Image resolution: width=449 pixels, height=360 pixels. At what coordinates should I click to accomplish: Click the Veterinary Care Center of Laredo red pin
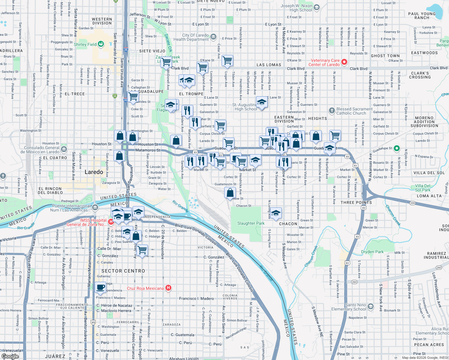click(x=344, y=62)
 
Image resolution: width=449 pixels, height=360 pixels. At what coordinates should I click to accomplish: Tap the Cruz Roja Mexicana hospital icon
click(x=168, y=288)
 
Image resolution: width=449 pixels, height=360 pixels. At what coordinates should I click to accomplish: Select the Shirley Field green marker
click(x=101, y=44)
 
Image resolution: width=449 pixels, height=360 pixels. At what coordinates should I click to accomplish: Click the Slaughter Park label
click(x=251, y=223)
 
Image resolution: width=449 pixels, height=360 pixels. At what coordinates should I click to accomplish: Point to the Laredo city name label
click(x=94, y=172)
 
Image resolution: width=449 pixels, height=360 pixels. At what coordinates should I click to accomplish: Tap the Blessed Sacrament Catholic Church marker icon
click(x=332, y=111)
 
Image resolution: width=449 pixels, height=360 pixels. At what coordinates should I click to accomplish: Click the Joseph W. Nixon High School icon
click(x=317, y=7)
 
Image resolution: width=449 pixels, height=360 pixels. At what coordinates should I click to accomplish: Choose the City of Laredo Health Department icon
click(x=213, y=37)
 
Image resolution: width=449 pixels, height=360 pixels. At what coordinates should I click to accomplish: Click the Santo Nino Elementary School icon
click(x=371, y=306)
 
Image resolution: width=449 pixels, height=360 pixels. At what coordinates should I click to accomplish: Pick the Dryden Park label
click(x=372, y=252)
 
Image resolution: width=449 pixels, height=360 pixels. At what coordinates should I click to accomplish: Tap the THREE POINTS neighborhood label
click(x=356, y=202)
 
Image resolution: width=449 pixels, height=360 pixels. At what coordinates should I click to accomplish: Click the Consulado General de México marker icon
click(x=64, y=149)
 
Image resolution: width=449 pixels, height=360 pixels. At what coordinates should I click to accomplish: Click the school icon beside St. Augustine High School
click(x=262, y=102)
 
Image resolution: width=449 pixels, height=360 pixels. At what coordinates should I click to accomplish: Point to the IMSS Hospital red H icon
click(x=111, y=222)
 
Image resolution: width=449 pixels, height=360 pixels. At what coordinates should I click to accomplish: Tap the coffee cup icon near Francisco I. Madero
click(x=101, y=287)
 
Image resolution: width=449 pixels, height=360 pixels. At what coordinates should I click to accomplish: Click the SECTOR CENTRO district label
click(x=123, y=271)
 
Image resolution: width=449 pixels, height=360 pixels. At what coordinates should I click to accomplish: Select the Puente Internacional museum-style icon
click(x=95, y=207)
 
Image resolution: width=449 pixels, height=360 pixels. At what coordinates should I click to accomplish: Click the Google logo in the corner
click(x=10, y=356)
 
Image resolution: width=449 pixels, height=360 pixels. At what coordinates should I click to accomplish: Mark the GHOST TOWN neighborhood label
click(x=385, y=56)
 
